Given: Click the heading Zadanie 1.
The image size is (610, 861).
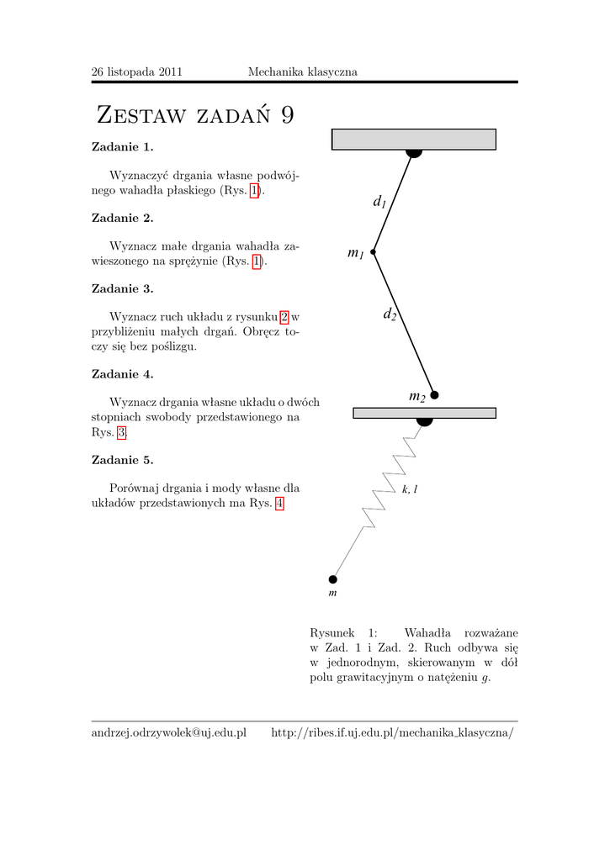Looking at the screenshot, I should click(x=122, y=147).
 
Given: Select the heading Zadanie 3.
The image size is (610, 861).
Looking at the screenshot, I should click(x=122, y=288).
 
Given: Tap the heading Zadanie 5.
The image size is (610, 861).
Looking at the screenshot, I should click(x=122, y=460).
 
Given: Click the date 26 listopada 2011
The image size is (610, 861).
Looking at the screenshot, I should click(x=136, y=72).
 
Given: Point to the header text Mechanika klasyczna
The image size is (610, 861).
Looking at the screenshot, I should click(x=302, y=72).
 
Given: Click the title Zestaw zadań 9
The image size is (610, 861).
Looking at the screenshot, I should click(x=195, y=115).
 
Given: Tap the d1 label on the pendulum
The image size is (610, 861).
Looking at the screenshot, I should click(x=379, y=202).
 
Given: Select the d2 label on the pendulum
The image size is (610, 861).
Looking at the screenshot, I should click(x=390, y=314).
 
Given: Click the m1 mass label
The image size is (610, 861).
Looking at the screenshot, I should click(x=355, y=253).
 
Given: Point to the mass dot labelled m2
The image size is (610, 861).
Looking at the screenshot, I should click(x=434, y=394).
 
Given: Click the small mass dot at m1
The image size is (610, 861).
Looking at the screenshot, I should click(x=373, y=251).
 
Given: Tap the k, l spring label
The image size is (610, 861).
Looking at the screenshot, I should click(x=410, y=489).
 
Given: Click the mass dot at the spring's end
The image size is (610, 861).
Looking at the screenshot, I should click(x=332, y=578).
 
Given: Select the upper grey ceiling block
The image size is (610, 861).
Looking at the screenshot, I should click(x=413, y=139).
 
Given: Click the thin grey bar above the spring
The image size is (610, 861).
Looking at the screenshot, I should click(x=424, y=413).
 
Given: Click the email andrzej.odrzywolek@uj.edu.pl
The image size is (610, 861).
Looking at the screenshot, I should click(x=168, y=733).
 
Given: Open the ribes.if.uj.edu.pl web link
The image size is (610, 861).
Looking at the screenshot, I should click(x=391, y=733).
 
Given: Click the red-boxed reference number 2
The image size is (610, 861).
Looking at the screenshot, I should click(x=284, y=317).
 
